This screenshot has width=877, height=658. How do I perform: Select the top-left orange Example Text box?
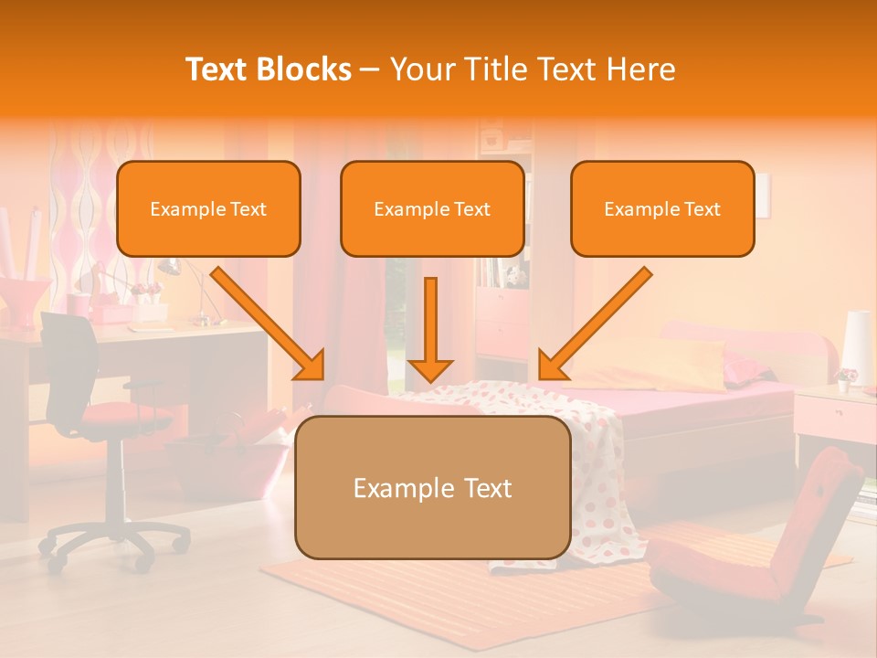click(208, 208)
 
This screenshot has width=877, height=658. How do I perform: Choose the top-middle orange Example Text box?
click(432, 208)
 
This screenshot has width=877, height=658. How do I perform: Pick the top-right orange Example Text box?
click(662, 208)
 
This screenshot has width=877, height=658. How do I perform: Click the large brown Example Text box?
click(433, 487)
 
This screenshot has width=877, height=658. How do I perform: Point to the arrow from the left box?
click(269, 324)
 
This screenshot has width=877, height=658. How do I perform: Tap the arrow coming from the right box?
click(594, 324)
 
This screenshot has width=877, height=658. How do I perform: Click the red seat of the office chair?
click(119, 416)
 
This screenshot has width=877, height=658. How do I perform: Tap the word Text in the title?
click(218, 69)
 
